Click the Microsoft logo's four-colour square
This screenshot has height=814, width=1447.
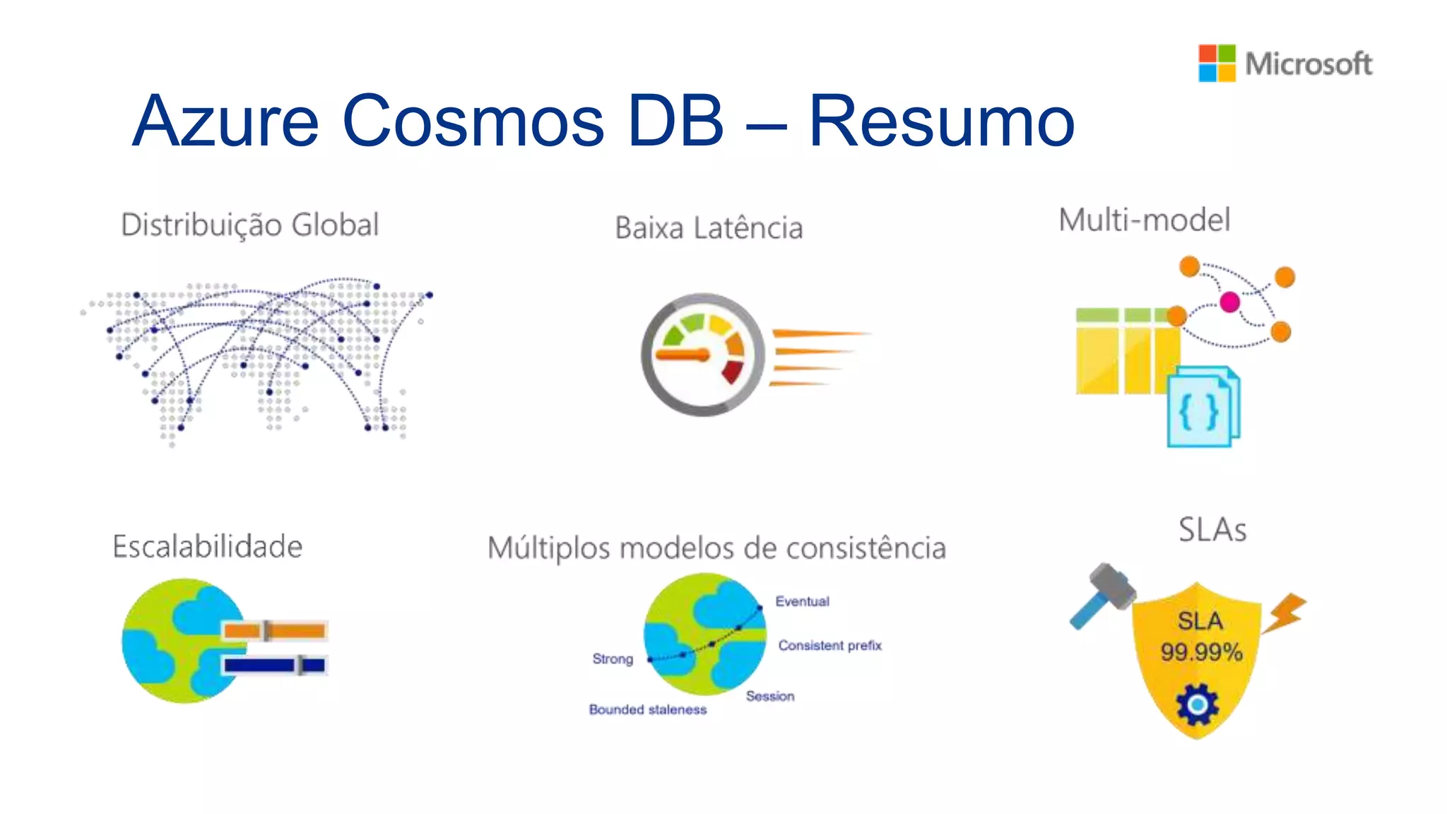[1217, 63]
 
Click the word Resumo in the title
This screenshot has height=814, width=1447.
[941, 121]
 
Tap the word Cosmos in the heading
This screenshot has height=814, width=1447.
[473, 121]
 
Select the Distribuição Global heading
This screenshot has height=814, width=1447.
[250, 225]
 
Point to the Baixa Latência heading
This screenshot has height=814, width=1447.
[709, 228]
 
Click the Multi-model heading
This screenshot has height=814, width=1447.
[1144, 220]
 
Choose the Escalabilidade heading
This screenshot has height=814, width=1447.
[208, 547]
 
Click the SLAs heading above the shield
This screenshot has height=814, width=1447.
[1212, 530]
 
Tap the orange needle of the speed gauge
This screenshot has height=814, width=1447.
[683, 355]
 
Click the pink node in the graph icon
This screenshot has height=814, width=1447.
[1229, 302]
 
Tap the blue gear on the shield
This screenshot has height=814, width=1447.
[1198, 704]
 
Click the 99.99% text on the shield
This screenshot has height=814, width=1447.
[1201, 652]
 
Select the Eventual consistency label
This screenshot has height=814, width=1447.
[802, 601]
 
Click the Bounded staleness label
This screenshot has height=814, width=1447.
[648, 709]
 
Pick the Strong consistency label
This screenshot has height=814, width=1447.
[613, 659]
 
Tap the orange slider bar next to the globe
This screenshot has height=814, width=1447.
[275, 630]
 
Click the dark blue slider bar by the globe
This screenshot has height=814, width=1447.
[274, 665]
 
